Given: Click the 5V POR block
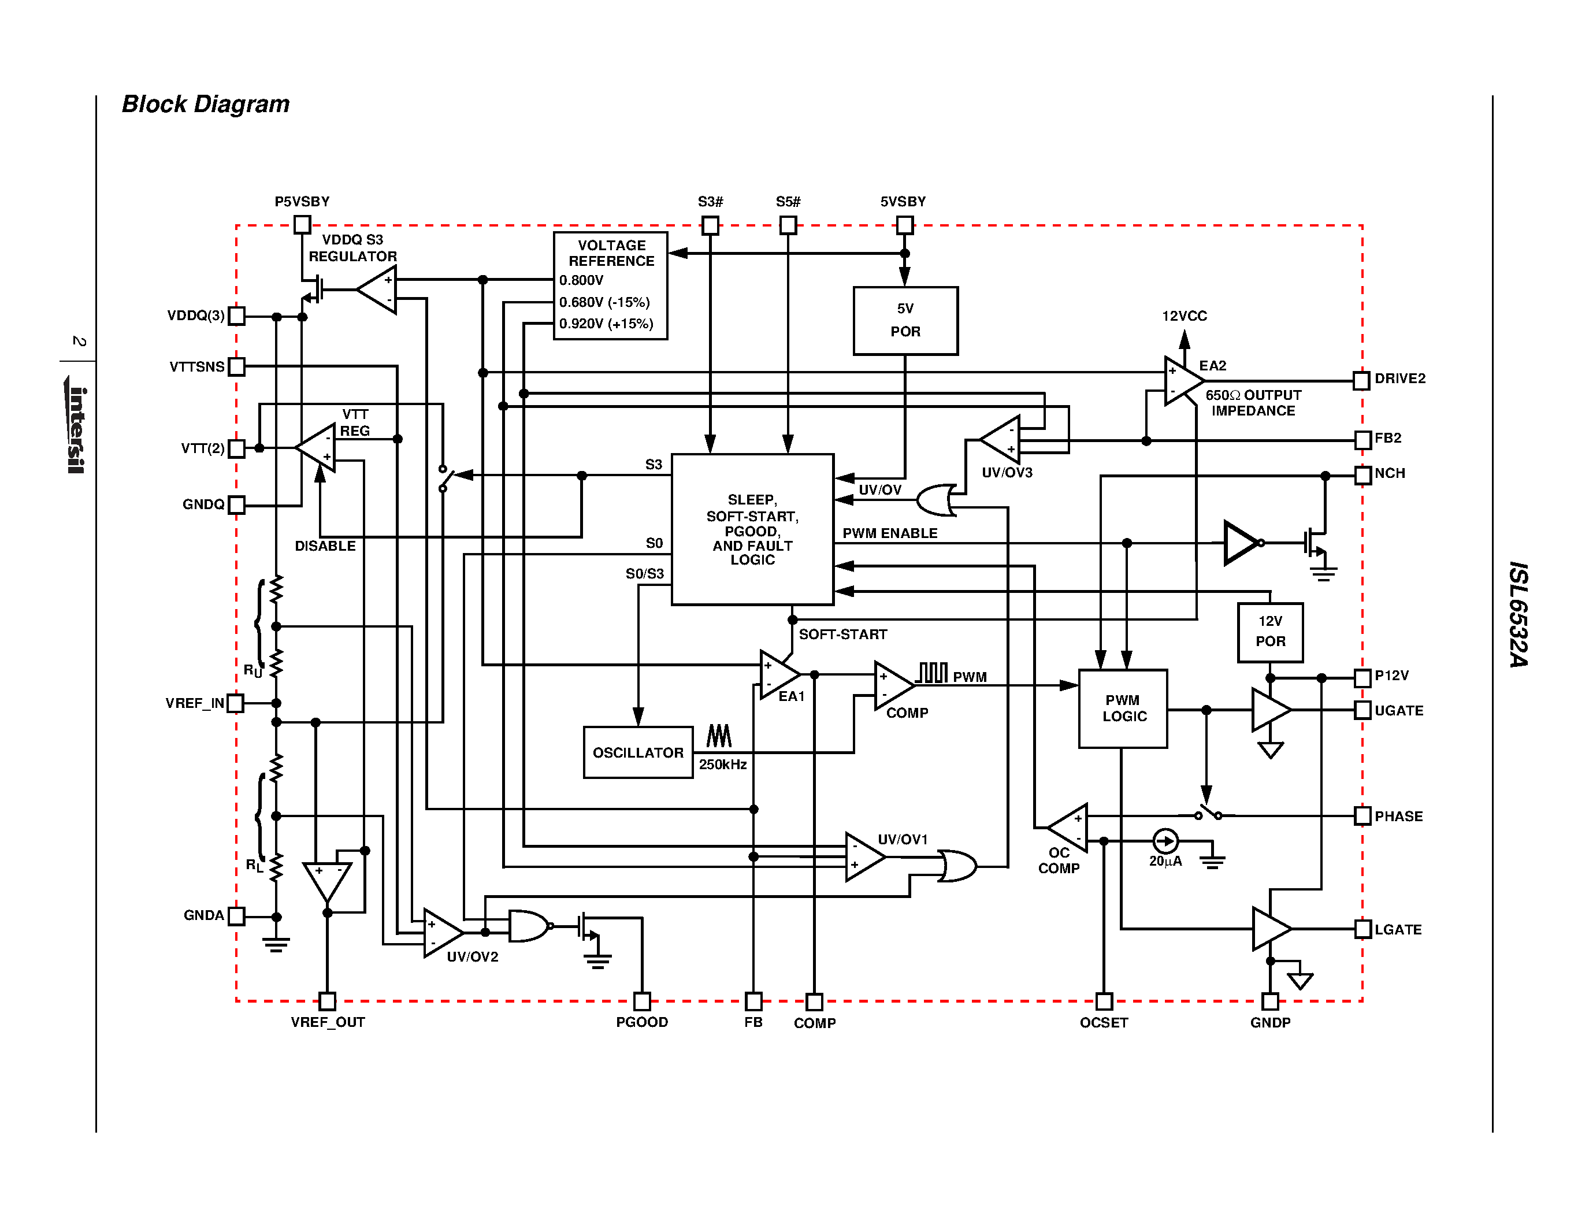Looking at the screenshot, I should click(905, 321).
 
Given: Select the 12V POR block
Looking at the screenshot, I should click(1269, 632).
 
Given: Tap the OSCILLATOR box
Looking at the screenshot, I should click(638, 752).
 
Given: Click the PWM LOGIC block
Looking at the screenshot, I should click(1123, 708).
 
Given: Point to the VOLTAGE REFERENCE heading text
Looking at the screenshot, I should click(611, 253).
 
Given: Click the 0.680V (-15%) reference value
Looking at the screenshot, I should click(604, 302).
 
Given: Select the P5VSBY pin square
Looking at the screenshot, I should click(302, 225).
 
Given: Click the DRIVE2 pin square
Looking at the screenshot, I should click(1361, 380).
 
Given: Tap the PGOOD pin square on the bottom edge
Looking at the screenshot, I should click(642, 1001).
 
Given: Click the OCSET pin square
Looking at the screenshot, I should click(1104, 1001).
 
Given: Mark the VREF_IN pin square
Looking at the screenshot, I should click(235, 703).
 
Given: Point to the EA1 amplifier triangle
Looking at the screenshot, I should click(777, 674).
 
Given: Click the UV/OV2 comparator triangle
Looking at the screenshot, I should click(440, 933).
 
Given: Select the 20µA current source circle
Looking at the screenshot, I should click(1165, 841).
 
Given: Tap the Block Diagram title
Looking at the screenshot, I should click(205, 104).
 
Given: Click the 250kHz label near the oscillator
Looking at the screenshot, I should click(722, 765).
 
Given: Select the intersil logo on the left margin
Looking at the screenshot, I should click(76, 429).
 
